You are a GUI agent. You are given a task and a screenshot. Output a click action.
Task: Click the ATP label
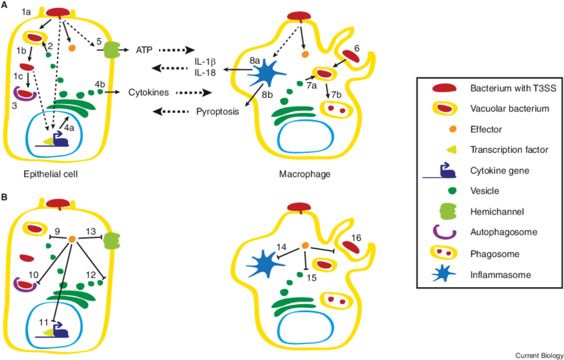click(144, 50)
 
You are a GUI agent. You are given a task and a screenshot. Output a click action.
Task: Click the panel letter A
click(5, 5)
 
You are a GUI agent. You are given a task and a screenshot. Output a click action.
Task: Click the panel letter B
click(5, 198)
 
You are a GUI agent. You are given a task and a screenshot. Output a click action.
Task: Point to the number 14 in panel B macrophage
click(282, 248)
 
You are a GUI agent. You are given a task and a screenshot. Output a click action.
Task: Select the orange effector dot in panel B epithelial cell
click(72, 238)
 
